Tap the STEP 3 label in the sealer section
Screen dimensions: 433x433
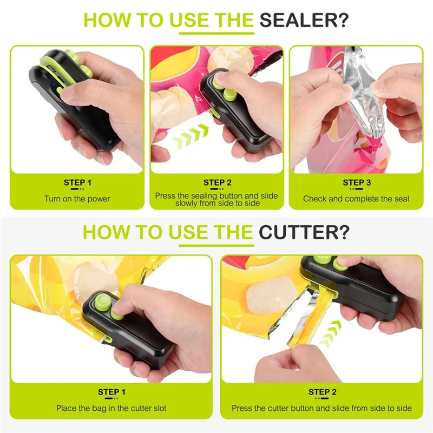(x=357, y=182)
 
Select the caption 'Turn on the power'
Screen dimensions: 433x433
(x=77, y=199)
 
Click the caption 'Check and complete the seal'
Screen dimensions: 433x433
(x=356, y=199)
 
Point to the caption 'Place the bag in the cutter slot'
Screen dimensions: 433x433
(x=111, y=408)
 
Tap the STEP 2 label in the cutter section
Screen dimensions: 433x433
(x=323, y=392)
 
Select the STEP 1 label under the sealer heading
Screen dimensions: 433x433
(x=77, y=182)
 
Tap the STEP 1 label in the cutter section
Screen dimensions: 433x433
(x=112, y=392)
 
